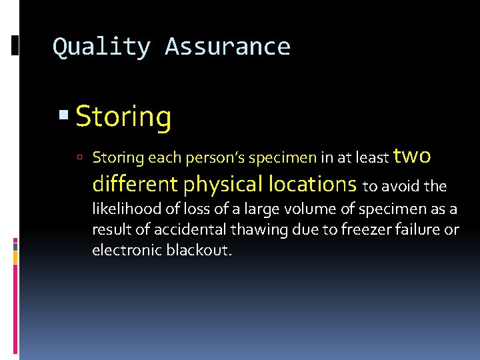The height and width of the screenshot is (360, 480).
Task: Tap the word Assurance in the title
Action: [x=227, y=47]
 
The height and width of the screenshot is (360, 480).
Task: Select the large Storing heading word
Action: [x=123, y=117]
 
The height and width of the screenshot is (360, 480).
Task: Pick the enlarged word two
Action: [x=412, y=155]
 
